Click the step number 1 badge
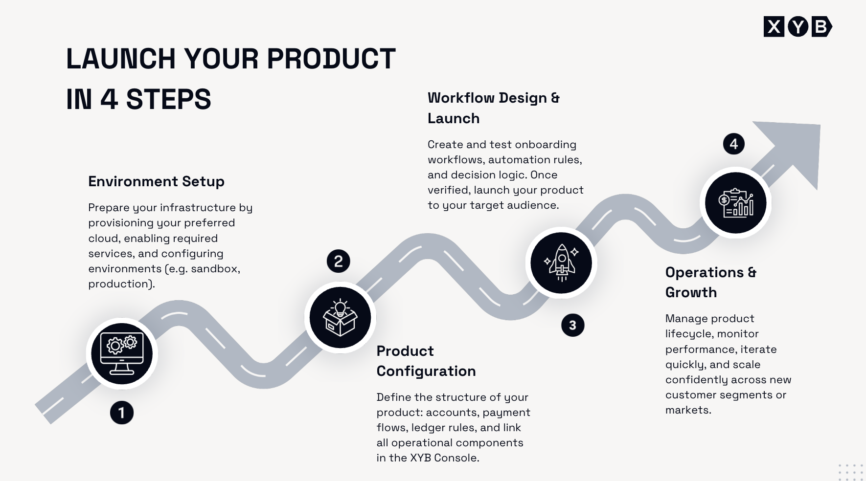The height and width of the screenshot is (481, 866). [x=122, y=413]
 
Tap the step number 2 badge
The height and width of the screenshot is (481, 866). [x=339, y=261]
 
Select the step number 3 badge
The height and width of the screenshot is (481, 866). [x=573, y=325]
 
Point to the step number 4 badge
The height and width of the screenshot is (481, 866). [x=734, y=144]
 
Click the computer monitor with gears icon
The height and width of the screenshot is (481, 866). [x=122, y=353]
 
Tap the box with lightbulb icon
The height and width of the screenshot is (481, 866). [x=340, y=318]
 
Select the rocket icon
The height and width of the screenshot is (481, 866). [x=561, y=263]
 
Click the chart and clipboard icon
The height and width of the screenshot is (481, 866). [x=736, y=202]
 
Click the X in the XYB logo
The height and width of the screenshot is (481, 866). [x=774, y=26]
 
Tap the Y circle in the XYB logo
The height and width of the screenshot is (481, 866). [x=798, y=26]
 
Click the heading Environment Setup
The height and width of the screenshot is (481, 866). [x=156, y=181]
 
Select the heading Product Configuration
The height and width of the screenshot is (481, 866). [x=426, y=361]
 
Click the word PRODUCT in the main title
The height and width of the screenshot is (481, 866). [x=331, y=59]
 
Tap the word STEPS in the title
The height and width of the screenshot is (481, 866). [x=168, y=99]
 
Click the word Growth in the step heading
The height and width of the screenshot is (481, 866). [x=691, y=292]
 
